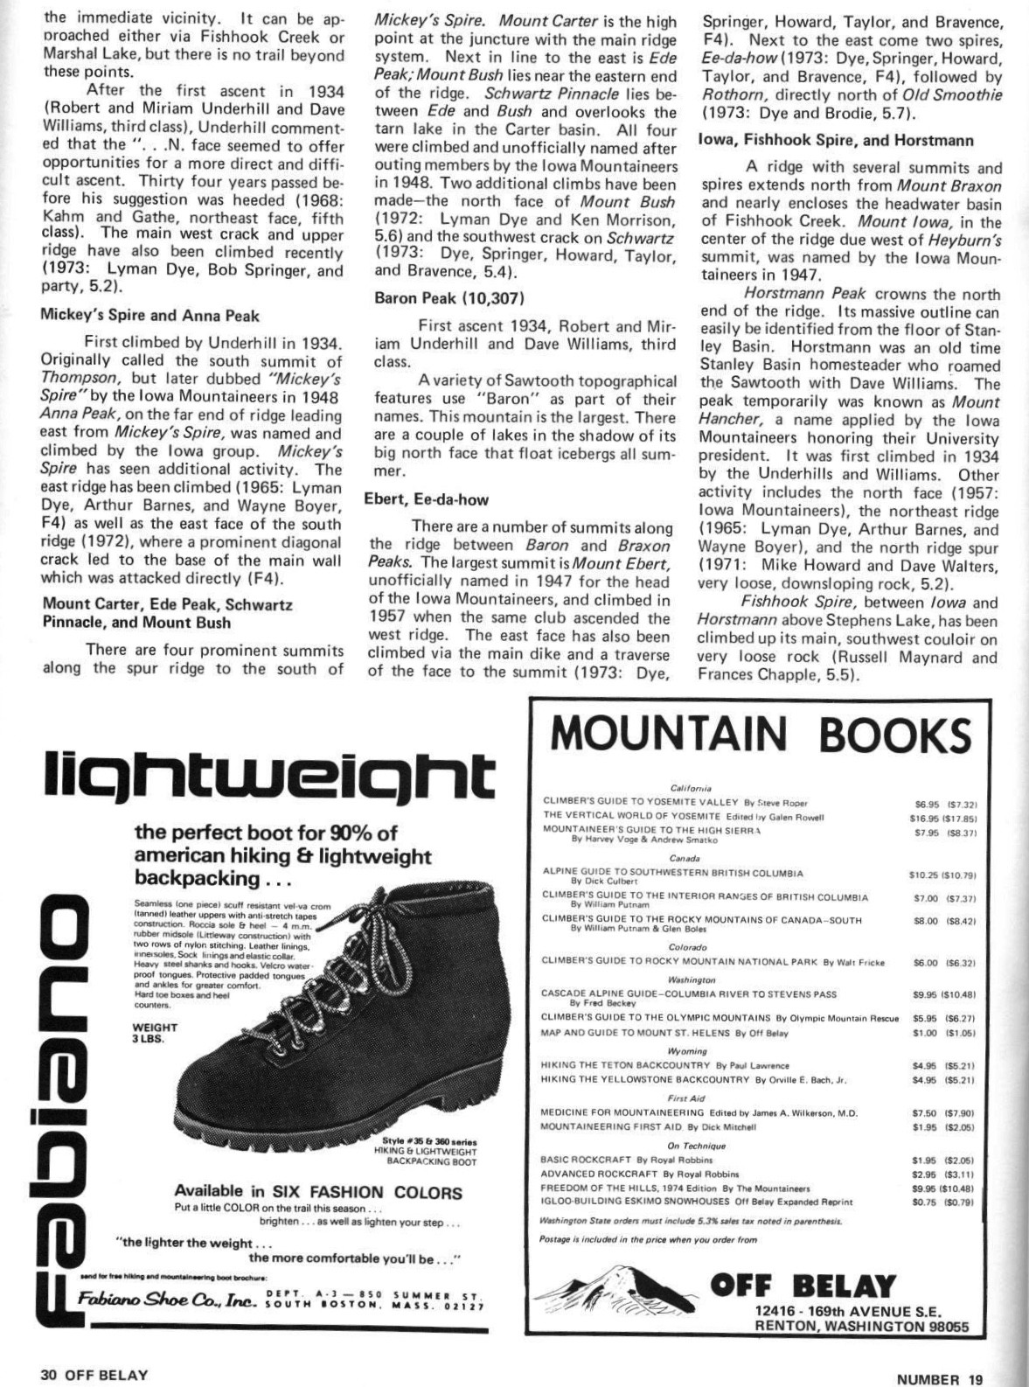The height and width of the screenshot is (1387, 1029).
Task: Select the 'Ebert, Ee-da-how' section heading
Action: tap(426, 499)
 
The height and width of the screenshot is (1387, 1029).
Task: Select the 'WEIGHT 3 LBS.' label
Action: tap(154, 1033)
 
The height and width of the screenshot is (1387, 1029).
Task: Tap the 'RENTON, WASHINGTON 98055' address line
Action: tap(861, 1326)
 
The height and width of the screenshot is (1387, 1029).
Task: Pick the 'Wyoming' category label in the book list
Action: tap(687, 1050)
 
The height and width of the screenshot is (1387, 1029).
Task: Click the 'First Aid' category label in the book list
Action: tap(686, 1098)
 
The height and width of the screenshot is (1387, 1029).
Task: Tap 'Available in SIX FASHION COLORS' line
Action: tap(317, 1192)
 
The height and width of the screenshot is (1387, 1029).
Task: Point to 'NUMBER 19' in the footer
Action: tap(940, 1379)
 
